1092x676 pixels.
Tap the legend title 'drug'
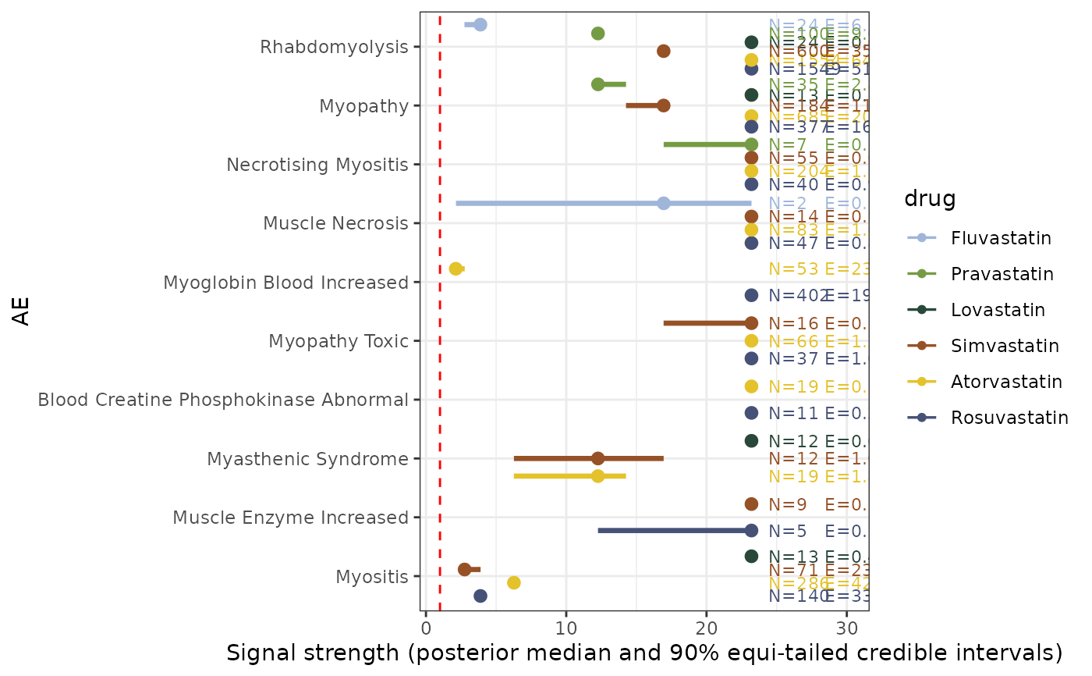pyautogui.click(x=930, y=199)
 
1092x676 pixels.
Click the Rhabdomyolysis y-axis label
pyautogui.click(x=334, y=48)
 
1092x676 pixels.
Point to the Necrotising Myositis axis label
pyautogui.click(x=317, y=165)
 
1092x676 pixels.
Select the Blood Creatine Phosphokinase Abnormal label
pyautogui.click(x=223, y=400)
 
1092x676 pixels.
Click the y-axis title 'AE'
pyautogui.click(x=23, y=311)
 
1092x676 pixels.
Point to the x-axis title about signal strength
pyautogui.click(x=644, y=653)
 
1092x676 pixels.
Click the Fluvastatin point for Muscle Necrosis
pyautogui.click(x=664, y=203)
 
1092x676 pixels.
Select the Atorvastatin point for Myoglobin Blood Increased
pyautogui.click(x=456, y=269)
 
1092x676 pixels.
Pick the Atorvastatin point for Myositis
pyautogui.click(x=514, y=582)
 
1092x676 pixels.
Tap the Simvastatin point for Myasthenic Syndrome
pyautogui.click(x=598, y=458)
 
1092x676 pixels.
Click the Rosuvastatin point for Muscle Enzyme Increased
pyautogui.click(x=751, y=531)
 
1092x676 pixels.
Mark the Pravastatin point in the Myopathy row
pyautogui.click(x=598, y=84)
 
